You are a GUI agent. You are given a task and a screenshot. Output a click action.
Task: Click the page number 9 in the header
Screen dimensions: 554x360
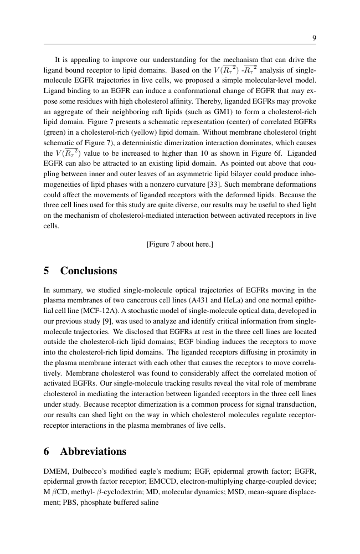[x=314, y=38]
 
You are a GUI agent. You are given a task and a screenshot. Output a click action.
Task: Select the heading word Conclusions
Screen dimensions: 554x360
[x=89, y=271]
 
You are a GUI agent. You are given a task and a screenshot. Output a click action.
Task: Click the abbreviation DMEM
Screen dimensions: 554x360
[x=56, y=473]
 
